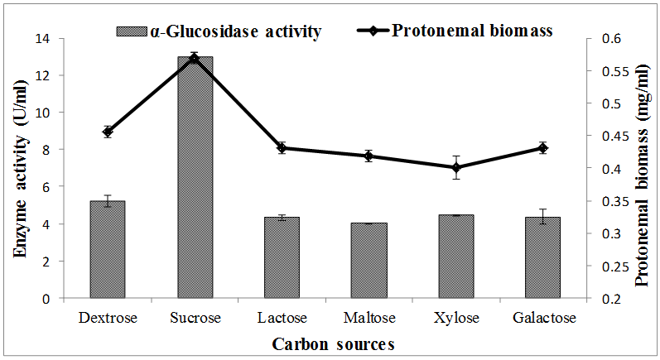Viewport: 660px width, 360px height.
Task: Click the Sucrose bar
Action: click(x=195, y=178)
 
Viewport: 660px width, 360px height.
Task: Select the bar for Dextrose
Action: click(x=108, y=249)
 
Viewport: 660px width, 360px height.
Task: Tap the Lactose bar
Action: click(x=282, y=257)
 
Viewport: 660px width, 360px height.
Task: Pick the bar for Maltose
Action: click(x=369, y=260)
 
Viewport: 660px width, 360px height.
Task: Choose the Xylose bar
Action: click(x=455, y=256)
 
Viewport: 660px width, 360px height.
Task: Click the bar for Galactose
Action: click(x=542, y=257)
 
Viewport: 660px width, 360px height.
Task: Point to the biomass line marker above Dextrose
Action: click(x=108, y=131)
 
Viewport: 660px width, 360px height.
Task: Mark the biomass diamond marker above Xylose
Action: click(x=455, y=167)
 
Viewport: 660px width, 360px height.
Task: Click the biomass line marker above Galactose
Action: click(x=542, y=148)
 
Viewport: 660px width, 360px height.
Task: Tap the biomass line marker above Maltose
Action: click(x=369, y=156)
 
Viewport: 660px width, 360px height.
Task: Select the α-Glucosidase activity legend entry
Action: click(x=219, y=31)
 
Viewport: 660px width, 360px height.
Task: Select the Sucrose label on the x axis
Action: click(x=195, y=318)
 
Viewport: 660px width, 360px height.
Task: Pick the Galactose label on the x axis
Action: click(x=542, y=318)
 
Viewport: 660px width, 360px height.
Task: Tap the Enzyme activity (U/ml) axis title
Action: click(x=22, y=168)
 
